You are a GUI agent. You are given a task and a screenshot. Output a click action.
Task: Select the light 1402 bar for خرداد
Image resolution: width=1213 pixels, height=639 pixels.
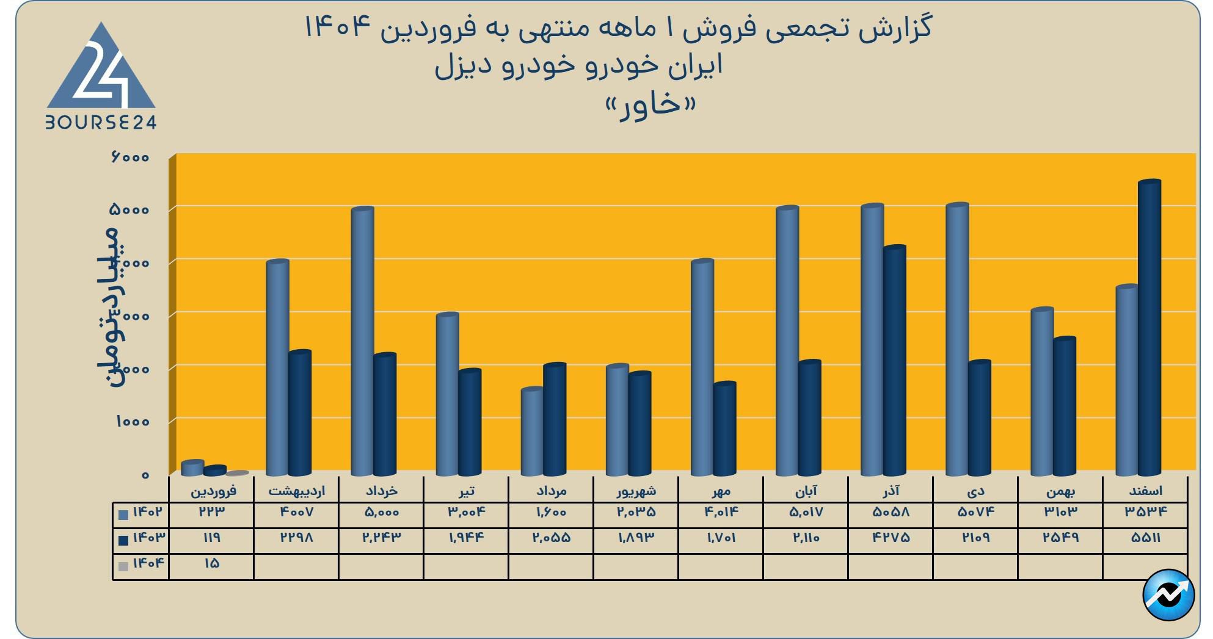[x=362, y=342]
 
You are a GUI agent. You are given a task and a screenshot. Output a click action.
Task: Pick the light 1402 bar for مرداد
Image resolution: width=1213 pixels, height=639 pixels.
[x=532, y=431]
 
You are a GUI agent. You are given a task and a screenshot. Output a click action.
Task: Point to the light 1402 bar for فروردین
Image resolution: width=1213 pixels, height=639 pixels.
[x=192, y=468]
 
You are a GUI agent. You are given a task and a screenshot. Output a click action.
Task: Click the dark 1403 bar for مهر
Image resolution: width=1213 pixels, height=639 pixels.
[x=724, y=429]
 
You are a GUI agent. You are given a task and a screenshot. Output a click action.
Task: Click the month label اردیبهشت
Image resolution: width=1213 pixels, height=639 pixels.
[x=296, y=491]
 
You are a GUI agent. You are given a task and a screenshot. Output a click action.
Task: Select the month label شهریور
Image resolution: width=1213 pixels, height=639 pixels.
[x=636, y=491]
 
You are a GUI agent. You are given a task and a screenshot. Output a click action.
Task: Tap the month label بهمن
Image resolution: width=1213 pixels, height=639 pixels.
[x=1060, y=491]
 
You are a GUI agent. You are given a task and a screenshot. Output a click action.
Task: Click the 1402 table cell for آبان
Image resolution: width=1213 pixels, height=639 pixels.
[x=806, y=512]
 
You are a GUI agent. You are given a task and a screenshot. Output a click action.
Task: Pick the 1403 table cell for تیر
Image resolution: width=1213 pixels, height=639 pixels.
[x=466, y=538]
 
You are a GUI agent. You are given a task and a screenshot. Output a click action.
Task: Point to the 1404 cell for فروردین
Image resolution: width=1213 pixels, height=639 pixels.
[x=211, y=563]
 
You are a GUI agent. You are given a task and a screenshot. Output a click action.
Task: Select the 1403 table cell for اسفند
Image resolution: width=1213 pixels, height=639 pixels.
[x=1145, y=538]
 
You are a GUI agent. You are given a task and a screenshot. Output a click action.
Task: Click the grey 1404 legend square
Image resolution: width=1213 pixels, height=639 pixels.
[x=123, y=566]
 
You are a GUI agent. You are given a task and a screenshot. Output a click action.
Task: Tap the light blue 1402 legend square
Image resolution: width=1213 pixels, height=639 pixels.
[x=123, y=514]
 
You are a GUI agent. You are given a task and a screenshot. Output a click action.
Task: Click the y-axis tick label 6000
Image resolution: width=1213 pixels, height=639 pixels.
[x=130, y=157]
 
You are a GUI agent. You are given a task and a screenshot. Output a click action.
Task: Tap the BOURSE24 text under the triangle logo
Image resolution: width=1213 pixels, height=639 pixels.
[x=101, y=123]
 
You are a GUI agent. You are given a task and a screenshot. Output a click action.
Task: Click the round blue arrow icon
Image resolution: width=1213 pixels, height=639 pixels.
[x=1168, y=595]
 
